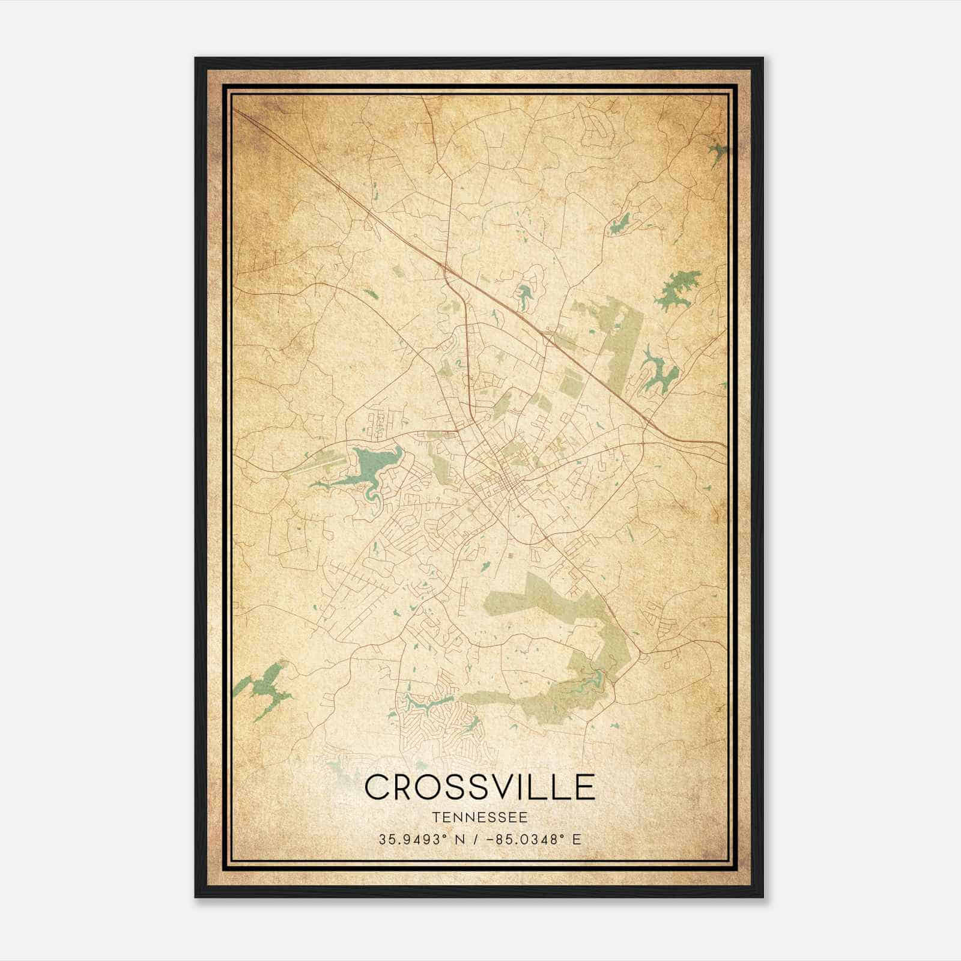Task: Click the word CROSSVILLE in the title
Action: pos(479,787)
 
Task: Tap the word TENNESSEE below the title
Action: pos(479,817)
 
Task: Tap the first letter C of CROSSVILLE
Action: pos(377,787)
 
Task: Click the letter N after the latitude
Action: pos(460,840)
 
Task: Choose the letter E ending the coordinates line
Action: pos(577,840)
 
